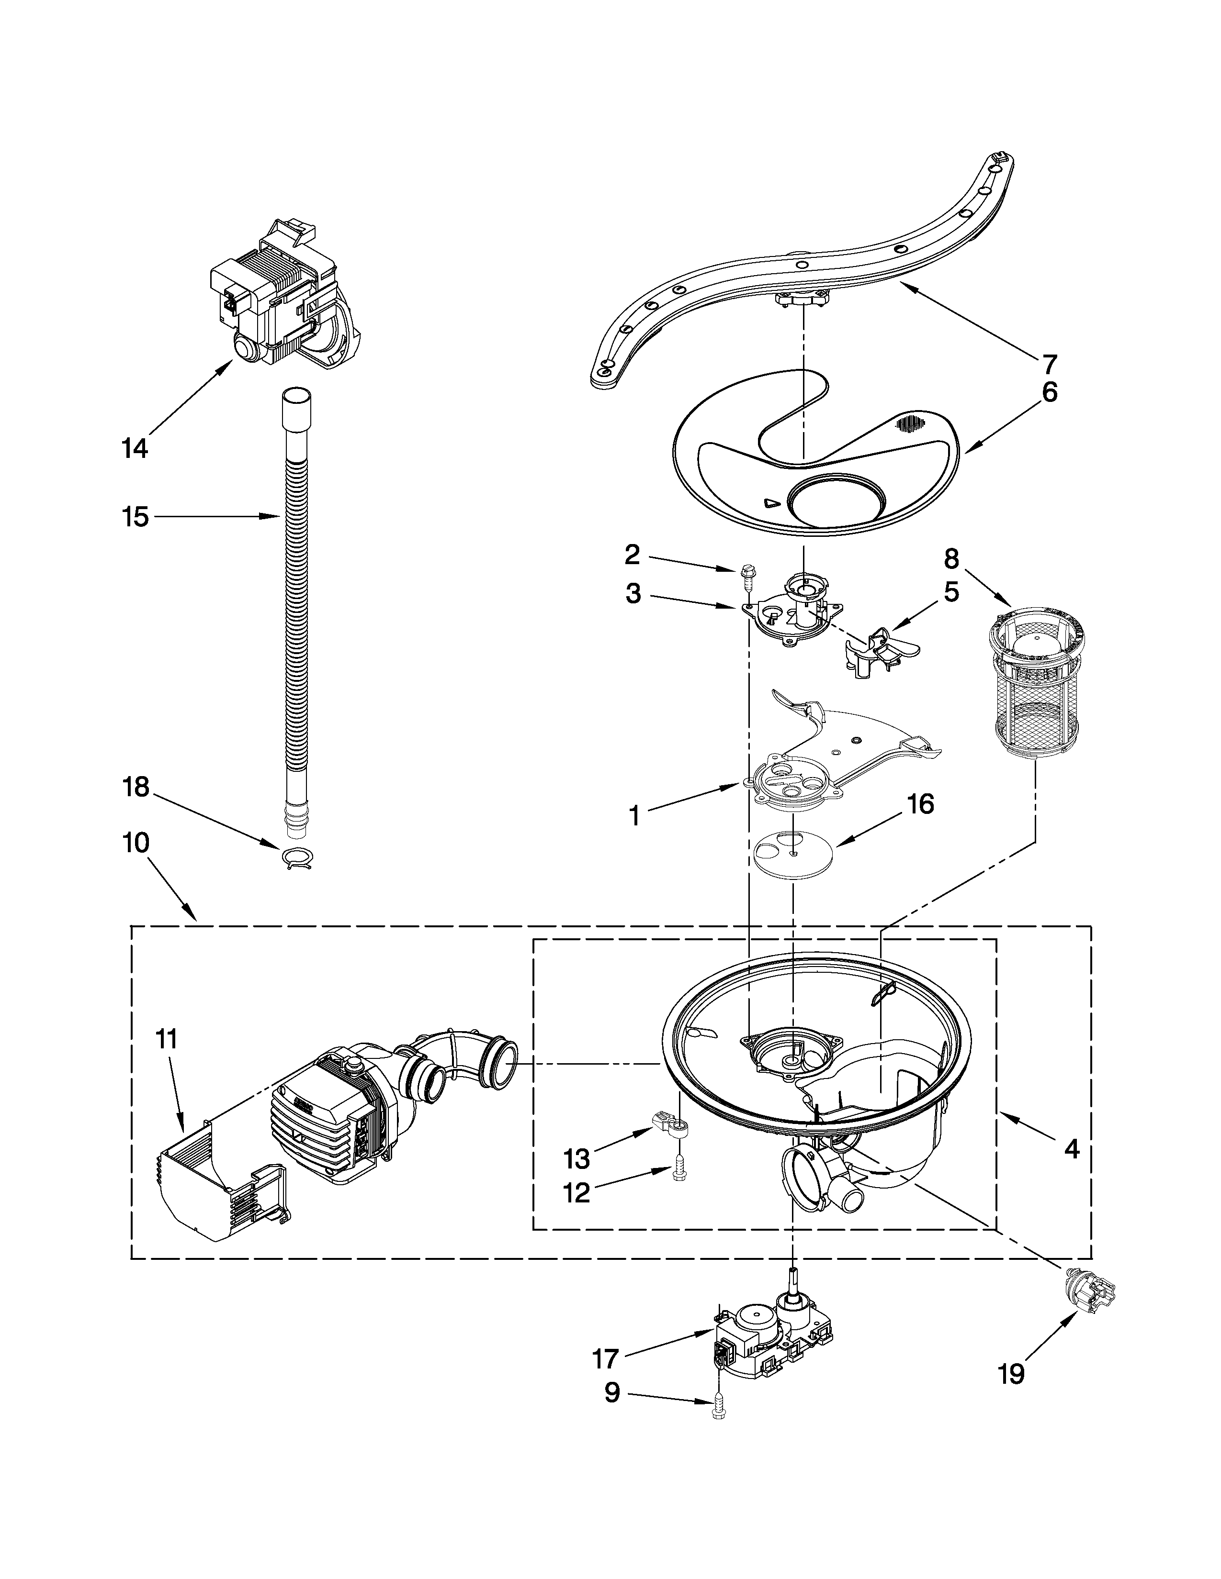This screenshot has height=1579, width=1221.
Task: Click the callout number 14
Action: [135, 448]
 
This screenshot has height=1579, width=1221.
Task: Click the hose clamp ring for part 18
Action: [296, 857]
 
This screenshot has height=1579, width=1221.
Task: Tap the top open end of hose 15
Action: [297, 397]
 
